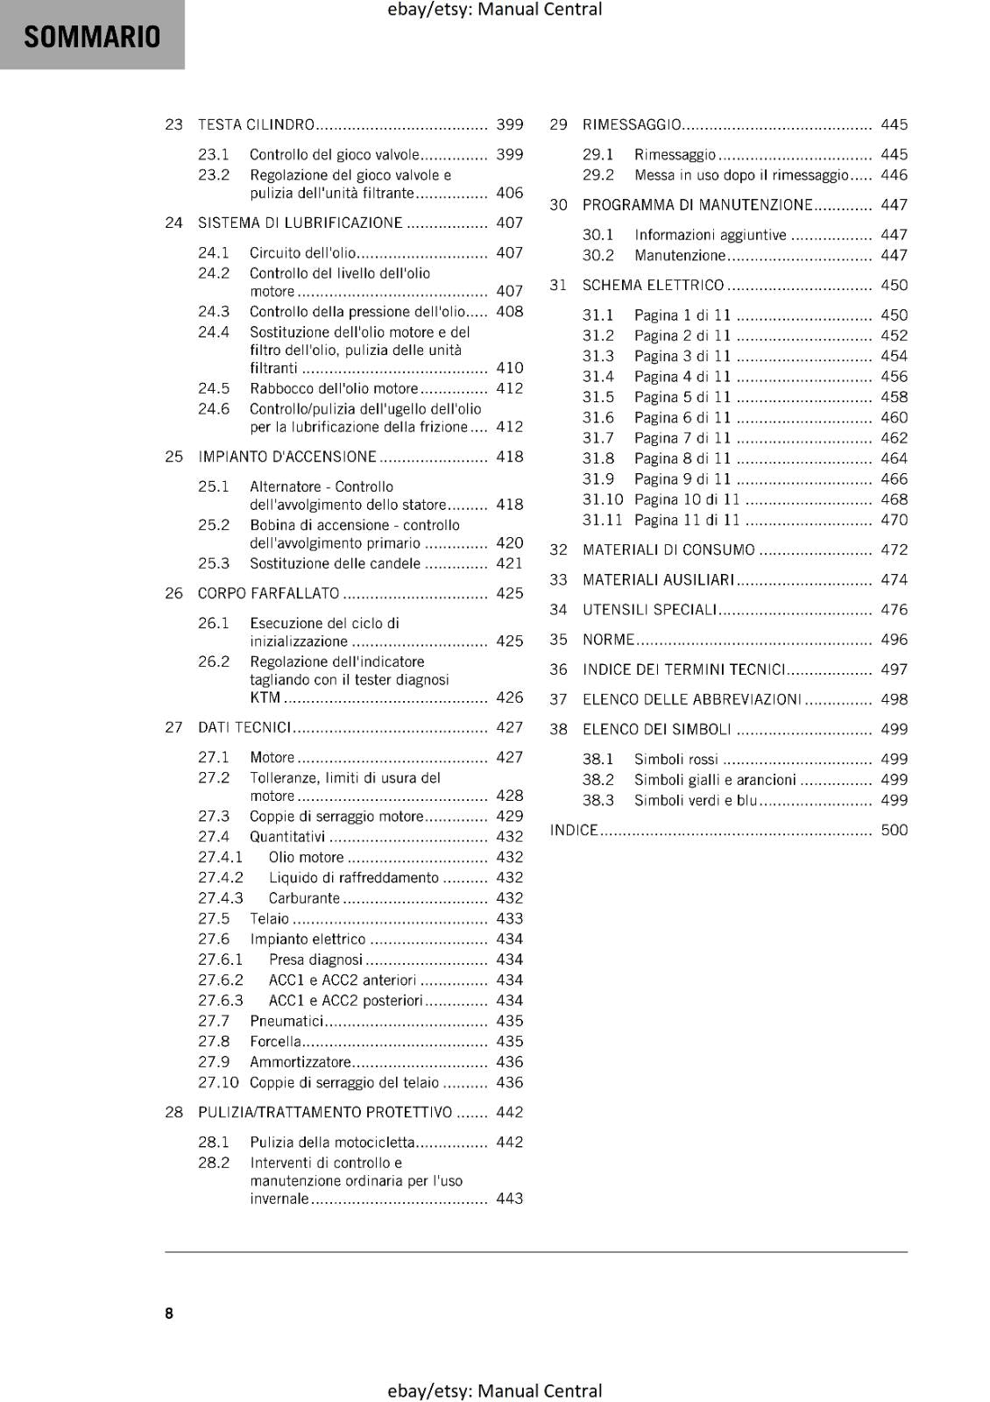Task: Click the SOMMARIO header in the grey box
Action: pos(92,37)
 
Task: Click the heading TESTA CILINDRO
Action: pos(256,124)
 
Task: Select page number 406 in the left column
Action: pos(509,193)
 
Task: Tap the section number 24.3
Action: pos(214,311)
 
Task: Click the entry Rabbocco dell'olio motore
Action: pos(334,388)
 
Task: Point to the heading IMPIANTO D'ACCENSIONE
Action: pos(286,457)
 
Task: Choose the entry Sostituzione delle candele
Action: pos(335,563)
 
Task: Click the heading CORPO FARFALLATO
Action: pos(268,593)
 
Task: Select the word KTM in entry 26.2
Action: pos(265,697)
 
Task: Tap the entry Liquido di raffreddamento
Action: pos(353,877)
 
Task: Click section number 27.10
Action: pos(218,1082)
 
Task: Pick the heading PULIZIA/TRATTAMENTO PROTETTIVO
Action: pos(325,1112)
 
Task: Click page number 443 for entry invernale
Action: pos(509,1198)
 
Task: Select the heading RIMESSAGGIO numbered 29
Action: pos(632,124)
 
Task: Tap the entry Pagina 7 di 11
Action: pos(682,438)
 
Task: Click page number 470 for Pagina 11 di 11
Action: pos(894,520)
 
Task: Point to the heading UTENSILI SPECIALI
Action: pos(649,610)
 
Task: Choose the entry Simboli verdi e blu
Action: pos(695,800)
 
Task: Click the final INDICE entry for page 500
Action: pos(574,830)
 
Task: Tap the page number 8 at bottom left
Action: pos(169,1313)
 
